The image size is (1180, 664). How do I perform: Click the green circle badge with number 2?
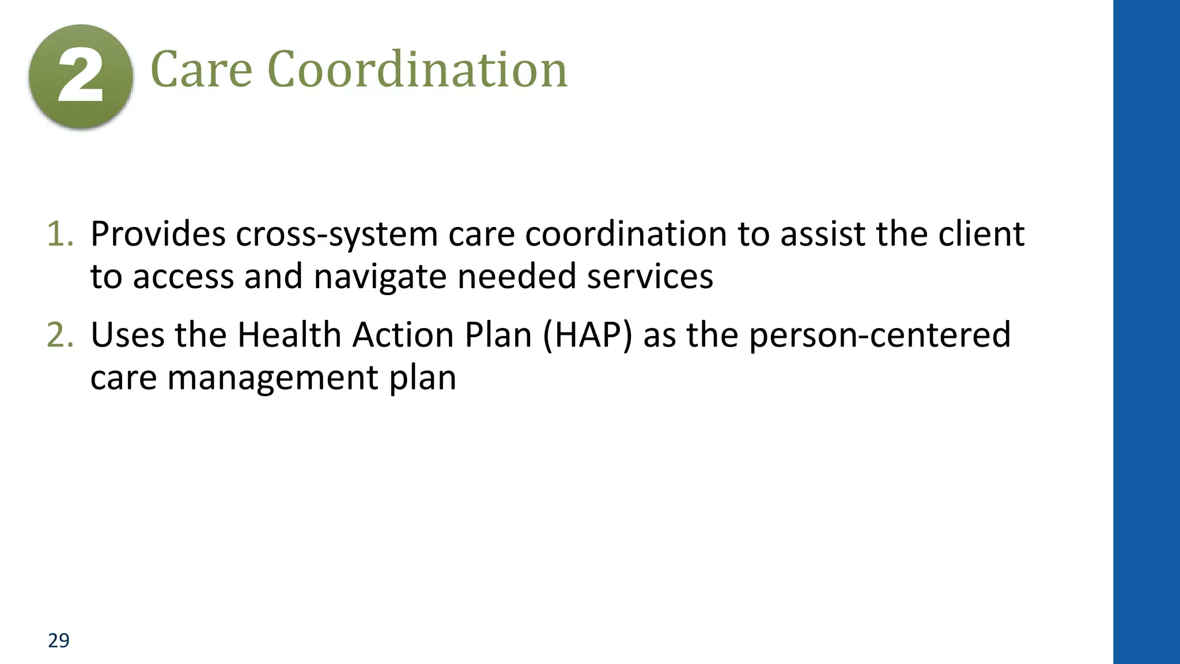click(81, 77)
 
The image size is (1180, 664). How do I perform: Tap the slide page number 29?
click(59, 640)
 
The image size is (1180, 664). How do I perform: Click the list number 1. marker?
click(60, 235)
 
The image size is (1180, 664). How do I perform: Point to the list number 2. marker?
click(60, 335)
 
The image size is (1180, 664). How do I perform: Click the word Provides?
click(158, 235)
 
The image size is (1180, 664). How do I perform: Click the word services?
click(650, 277)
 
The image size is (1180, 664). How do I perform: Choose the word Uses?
click(128, 335)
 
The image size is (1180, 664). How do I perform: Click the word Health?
click(289, 335)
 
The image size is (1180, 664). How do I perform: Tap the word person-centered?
click(879, 335)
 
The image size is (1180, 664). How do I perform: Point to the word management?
click(273, 379)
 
